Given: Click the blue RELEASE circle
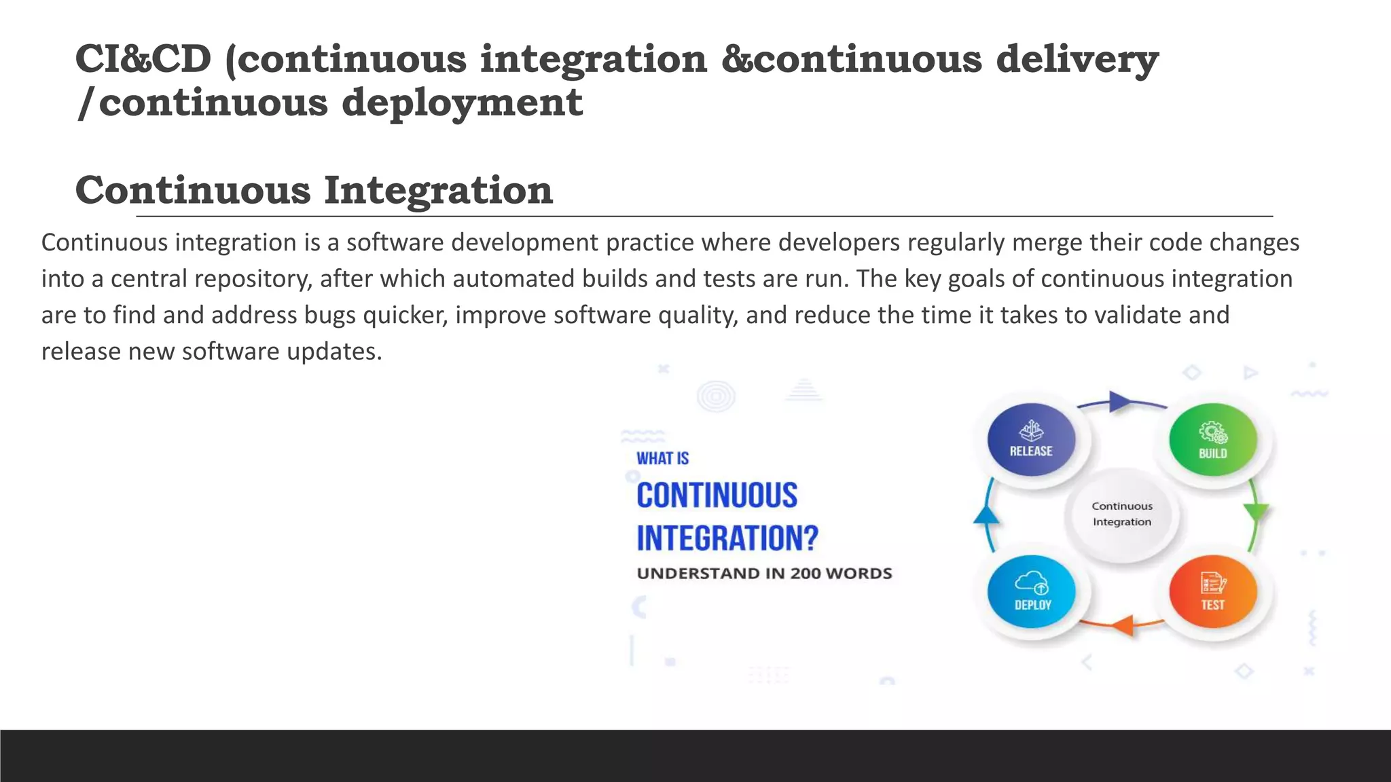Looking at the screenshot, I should [1031, 439].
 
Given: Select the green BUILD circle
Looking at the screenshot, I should [1212, 439].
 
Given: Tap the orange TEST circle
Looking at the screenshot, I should [1212, 591].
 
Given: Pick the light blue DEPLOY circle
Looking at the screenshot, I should [1031, 591].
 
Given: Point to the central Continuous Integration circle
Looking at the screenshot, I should [1122, 514].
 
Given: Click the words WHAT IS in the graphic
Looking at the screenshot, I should [662, 459].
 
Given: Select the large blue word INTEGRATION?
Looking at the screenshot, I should [727, 538].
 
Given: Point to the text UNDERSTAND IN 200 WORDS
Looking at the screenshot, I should [764, 574].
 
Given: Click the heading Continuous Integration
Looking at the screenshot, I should [314, 190].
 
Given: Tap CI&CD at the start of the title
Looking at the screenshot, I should [143, 59].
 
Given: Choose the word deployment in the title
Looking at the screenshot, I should [462, 103].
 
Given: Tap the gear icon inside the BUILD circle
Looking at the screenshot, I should [1212, 432].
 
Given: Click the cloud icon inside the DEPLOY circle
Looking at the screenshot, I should [1031, 582].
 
